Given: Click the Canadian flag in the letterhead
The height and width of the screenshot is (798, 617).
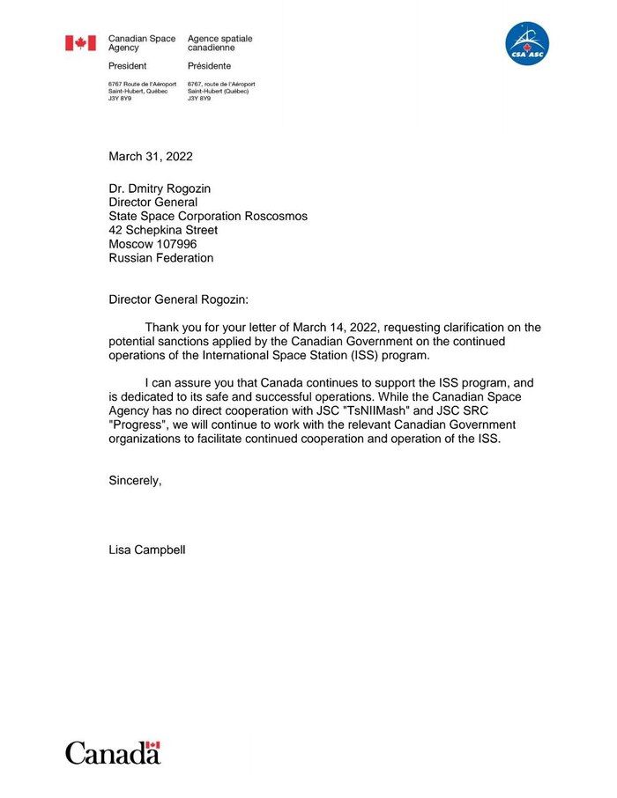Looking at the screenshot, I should coord(80,42).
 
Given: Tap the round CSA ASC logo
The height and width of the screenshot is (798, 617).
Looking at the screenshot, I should coord(526,44).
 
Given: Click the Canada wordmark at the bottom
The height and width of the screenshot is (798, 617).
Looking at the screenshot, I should coord(112,753).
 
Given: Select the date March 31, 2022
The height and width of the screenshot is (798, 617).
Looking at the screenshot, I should coord(150,157).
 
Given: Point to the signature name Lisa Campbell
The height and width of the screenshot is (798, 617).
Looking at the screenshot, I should coord(147,550).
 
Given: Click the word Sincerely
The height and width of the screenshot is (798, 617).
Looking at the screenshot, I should coord(135,480).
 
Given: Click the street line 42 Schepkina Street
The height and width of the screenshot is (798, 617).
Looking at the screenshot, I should coord(163,230).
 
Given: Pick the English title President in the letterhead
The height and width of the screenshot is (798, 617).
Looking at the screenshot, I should coord(127,66).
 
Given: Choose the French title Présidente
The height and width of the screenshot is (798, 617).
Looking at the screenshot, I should coord(209,66).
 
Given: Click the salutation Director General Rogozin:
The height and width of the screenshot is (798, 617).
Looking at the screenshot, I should coord(185,299).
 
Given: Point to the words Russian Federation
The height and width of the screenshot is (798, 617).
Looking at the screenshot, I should coord(160,258).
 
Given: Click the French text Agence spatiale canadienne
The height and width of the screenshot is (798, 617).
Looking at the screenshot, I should coord(219,43).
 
